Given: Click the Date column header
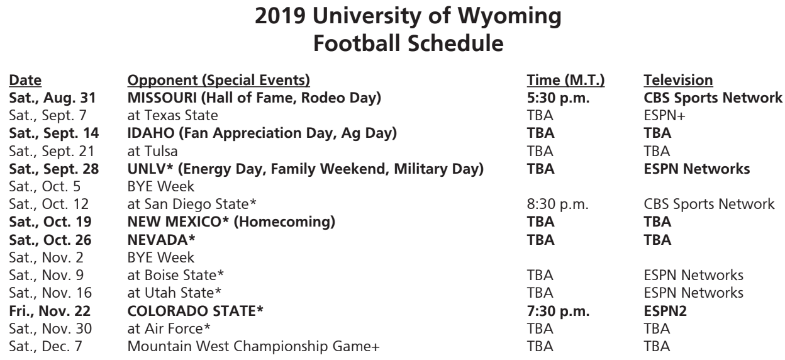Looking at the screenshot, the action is tap(25, 81).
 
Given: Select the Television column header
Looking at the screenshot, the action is tap(678, 81).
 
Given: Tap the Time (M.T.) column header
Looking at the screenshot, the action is tap(565, 81).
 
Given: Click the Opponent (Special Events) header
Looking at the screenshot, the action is tap(219, 81).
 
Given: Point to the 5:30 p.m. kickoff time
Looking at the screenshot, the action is tap(558, 98).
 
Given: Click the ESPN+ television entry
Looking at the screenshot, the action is tap(664, 116).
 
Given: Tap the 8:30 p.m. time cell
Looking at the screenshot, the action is tap(557, 205).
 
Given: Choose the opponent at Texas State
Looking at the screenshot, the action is tap(172, 116).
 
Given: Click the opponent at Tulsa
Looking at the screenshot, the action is tap(152, 152).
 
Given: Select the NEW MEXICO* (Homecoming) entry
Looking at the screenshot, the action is tap(231, 222).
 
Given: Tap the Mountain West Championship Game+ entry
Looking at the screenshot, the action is tap(253, 347).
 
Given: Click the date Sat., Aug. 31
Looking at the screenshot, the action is tap(52, 98).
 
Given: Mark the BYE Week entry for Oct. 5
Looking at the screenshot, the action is tap(160, 186).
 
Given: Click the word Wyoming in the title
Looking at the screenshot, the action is tap(509, 17).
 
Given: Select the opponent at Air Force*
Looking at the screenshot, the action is tap(169, 329).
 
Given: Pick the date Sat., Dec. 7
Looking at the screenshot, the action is tap(45, 347).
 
